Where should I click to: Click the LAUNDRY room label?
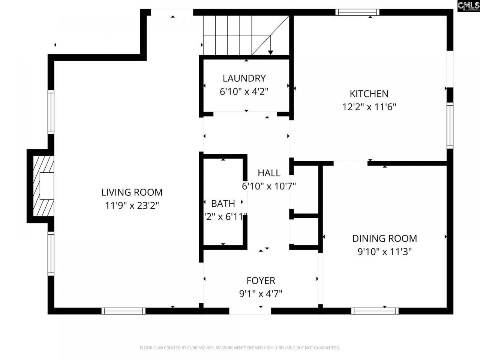pos(244,78)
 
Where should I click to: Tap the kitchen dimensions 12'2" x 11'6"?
pos(369,107)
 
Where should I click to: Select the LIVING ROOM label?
pos(132,192)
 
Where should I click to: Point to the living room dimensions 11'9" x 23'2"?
pos(132,205)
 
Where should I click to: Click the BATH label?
pos(223,204)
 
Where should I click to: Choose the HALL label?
pos(269,173)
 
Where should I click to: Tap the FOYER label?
pos(261,280)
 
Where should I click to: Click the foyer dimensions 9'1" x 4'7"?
pos(261,293)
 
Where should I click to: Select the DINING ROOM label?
pos(384,238)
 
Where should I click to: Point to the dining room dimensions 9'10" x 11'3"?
pos(384,252)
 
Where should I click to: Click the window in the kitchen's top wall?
pos(357,12)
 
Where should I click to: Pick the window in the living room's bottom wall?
pos(123,311)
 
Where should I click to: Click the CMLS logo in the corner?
pos(468,6)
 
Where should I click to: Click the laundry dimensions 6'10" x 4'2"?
pos(244,91)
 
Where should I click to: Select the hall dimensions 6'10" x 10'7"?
pos(269,186)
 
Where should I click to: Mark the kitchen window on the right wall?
pos(450,125)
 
